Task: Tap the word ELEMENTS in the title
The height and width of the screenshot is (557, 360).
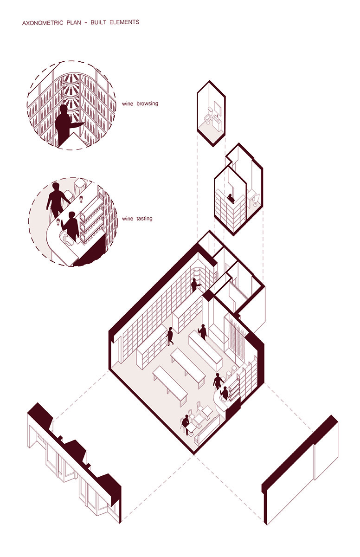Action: click(124, 22)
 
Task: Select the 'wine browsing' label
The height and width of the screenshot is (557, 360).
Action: click(140, 104)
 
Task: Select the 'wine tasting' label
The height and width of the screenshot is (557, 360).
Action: click(137, 219)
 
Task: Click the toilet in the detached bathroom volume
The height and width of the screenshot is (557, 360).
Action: click(208, 116)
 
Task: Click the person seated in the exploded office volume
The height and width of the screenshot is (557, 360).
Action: click(231, 199)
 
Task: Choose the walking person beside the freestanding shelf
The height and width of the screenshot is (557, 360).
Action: click(170, 337)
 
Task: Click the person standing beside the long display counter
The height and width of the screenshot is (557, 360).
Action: click(203, 332)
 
